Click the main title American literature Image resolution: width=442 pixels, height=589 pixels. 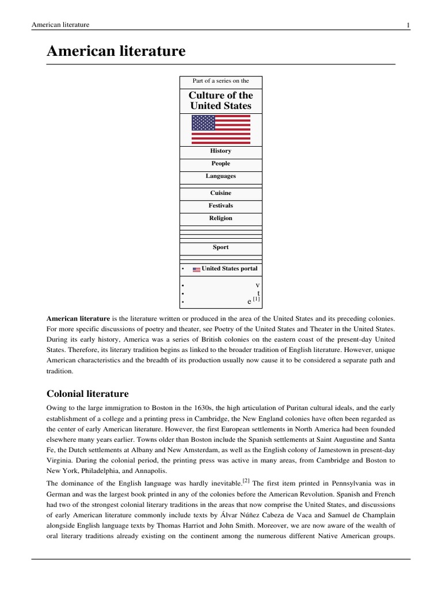(116, 51)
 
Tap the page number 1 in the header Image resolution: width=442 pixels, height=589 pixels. (407, 25)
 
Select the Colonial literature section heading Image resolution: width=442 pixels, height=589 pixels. (87, 393)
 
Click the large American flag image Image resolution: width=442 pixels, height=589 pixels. (221, 129)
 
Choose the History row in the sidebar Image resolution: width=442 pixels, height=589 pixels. (221, 151)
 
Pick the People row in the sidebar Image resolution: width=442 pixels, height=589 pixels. (221, 163)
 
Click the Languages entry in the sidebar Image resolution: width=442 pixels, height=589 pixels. (221, 176)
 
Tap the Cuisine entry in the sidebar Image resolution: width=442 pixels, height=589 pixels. (221, 193)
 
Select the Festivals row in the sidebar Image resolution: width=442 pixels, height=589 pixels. (221, 205)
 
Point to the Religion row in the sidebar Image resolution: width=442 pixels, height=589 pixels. (221, 218)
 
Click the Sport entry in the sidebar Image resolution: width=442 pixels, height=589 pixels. (221, 247)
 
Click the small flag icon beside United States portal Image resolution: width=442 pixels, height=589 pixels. (196, 269)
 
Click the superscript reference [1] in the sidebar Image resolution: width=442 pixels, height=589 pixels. (256, 299)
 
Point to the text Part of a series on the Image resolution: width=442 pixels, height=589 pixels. (221, 81)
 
